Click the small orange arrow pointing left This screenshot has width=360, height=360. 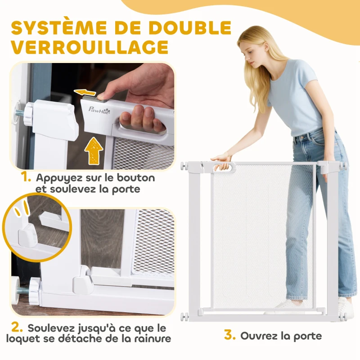pos(85,93)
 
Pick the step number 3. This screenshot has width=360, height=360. pos(230,336)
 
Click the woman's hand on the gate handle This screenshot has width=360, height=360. pos(222,159)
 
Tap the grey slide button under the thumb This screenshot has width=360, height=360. pos(102,95)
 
